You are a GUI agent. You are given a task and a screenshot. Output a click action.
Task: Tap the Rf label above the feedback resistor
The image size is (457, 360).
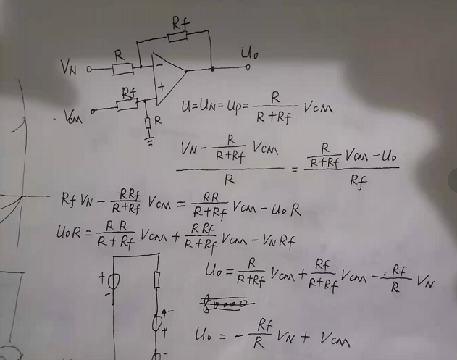point(180,22)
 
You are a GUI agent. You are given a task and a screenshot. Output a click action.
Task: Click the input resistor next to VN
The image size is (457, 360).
point(123,69)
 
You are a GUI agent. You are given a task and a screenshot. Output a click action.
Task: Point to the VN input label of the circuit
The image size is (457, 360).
point(69,67)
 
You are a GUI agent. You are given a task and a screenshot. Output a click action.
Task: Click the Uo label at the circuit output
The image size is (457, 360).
point(251,53)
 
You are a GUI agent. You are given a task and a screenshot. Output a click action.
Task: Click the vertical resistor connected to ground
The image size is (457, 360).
point(148,121)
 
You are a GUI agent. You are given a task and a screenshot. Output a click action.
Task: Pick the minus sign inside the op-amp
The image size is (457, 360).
point(158,66)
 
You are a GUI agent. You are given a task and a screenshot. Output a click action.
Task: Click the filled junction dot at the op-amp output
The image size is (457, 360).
point(211,69)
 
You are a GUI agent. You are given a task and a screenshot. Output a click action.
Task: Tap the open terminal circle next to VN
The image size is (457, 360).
point(90,70)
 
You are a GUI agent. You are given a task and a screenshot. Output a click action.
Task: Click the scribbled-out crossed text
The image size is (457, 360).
point(225,304)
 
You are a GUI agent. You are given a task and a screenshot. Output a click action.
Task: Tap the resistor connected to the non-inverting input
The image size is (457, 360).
point(127,104)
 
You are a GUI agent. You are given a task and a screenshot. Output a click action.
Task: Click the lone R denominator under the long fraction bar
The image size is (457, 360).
point(230,175)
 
